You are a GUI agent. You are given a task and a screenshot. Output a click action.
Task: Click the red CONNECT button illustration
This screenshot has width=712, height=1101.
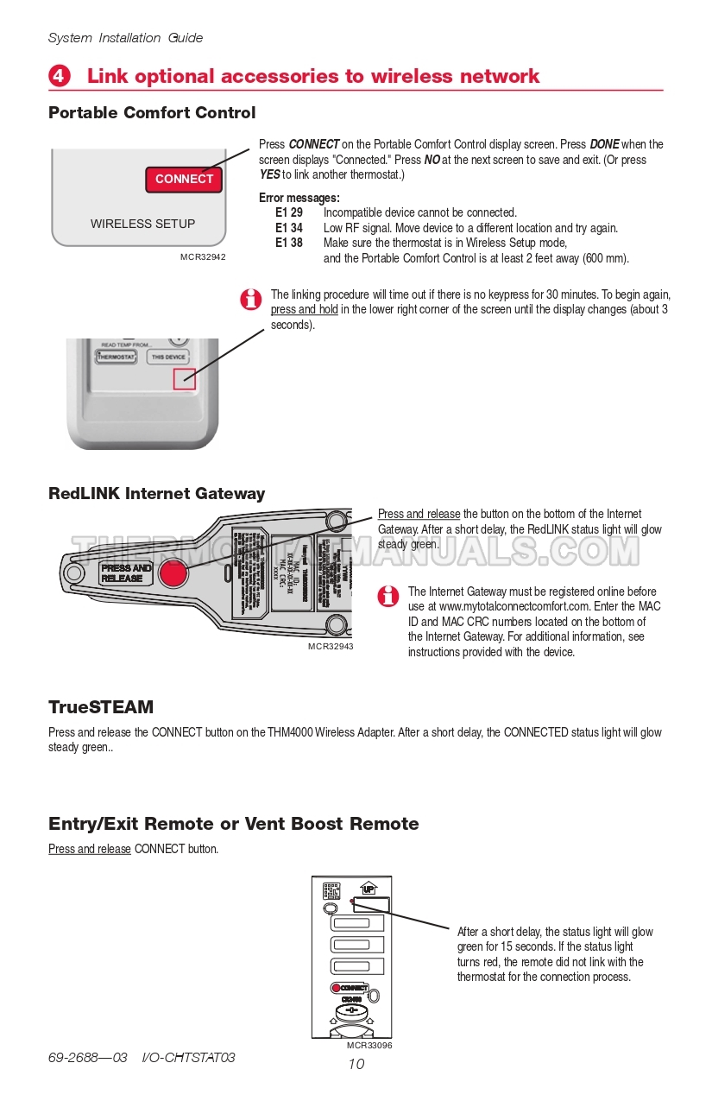click(x=184, y=179)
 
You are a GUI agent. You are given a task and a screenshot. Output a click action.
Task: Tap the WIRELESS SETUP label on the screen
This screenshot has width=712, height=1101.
click(x=142, y=224)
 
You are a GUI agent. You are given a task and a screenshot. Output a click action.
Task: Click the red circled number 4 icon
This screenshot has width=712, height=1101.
click(x=59, y=76)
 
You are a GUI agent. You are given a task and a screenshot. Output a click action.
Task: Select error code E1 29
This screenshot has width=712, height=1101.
click(x=289, y=212)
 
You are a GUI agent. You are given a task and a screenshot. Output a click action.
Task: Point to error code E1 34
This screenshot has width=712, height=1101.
click(x=289, y=228)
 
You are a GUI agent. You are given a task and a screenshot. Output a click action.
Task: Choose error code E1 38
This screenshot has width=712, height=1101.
click(x=289, y=243)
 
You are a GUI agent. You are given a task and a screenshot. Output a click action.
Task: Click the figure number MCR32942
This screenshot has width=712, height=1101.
click(x=203, y=257)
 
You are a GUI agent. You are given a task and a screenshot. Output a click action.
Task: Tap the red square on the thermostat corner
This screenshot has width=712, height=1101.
click(x=185, y=378)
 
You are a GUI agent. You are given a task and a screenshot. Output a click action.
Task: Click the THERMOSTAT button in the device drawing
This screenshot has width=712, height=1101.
click(x=116, y=357)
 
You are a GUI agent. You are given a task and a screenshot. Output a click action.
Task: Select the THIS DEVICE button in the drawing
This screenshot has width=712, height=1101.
click(x=168, y=357)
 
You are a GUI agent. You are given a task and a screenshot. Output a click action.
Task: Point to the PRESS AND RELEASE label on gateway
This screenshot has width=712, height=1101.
click(x=126, y=573)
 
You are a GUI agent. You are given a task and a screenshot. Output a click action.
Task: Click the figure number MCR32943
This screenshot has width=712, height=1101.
click(x=331, y=646)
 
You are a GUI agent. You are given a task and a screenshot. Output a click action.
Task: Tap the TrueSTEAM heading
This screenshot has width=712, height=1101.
click(x=101, y=707)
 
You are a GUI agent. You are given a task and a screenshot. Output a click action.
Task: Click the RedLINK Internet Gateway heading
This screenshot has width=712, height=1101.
click(x=157, y=494)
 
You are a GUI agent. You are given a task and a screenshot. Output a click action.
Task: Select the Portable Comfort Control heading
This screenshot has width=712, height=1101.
click(x=152, y=113)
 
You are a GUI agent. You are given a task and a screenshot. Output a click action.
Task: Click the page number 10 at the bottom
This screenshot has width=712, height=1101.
click(x=356, y=1064)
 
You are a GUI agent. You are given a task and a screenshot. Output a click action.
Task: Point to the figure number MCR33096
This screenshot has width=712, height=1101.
click(x=369, y=1045)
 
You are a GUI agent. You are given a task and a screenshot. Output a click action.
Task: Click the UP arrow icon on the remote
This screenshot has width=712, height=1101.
click(x=369, y=889)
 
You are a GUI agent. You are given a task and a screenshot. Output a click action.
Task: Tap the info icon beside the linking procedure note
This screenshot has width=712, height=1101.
click(x=250, y=300)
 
